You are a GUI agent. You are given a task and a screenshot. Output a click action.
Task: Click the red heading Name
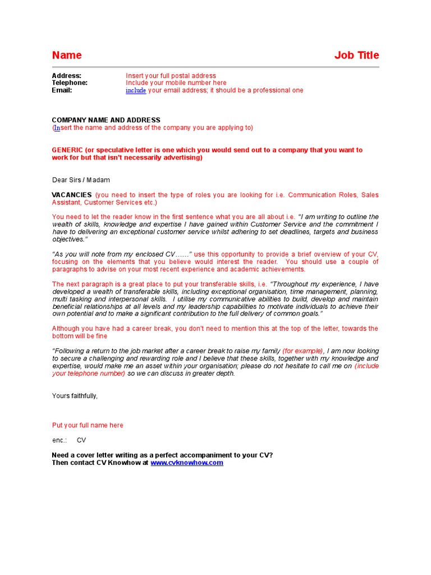click(67, 55)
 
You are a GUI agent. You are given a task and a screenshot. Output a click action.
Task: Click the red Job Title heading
click(356, 55)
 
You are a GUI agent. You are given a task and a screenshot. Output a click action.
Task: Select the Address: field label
click(67, 76)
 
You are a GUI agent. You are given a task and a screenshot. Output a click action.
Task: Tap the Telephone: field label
click(70, 83)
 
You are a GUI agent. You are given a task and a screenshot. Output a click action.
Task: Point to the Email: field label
click(62, 90)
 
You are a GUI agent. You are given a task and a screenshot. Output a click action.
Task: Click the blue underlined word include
click(136, 90)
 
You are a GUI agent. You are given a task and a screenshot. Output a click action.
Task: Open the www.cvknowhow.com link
click(187, 463)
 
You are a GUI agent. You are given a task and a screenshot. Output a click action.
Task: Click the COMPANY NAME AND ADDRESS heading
click(106, 120)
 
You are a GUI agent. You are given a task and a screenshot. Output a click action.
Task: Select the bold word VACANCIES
click(72, 195)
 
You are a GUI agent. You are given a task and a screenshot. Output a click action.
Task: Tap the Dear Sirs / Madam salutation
click(81, 180)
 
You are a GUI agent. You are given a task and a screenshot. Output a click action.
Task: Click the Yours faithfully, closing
click(75, 396)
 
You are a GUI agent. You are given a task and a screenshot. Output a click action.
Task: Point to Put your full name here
click(88, 426)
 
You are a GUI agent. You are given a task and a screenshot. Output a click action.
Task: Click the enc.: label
click(59, 440)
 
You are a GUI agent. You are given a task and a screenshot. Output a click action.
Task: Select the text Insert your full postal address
click(171, 76)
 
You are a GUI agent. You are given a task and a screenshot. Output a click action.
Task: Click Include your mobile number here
click(176, 83)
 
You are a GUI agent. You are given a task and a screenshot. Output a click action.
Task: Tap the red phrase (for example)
click(302, 351)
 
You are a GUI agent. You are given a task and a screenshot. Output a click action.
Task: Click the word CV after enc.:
click(81, 440)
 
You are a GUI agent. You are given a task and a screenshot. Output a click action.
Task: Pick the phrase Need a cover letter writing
click(96, 455)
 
